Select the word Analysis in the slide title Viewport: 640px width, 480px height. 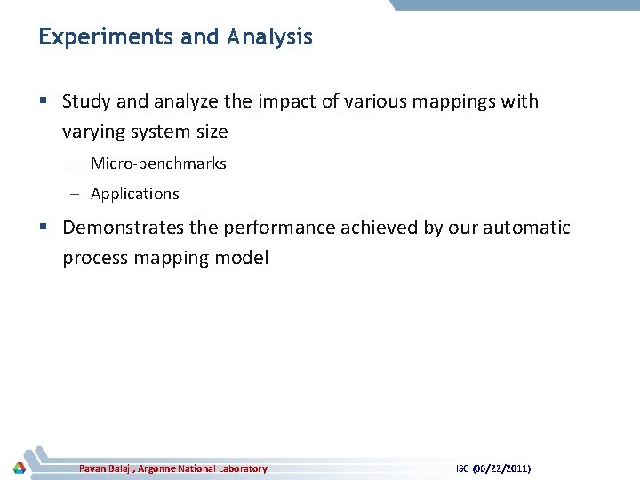pos(269,37)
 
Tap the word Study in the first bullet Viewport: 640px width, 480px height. pos(86,101)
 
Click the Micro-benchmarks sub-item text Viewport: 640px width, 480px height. pos(158,164)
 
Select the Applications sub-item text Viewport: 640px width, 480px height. pos(134,194)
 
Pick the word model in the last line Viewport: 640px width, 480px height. pos(240,259)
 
